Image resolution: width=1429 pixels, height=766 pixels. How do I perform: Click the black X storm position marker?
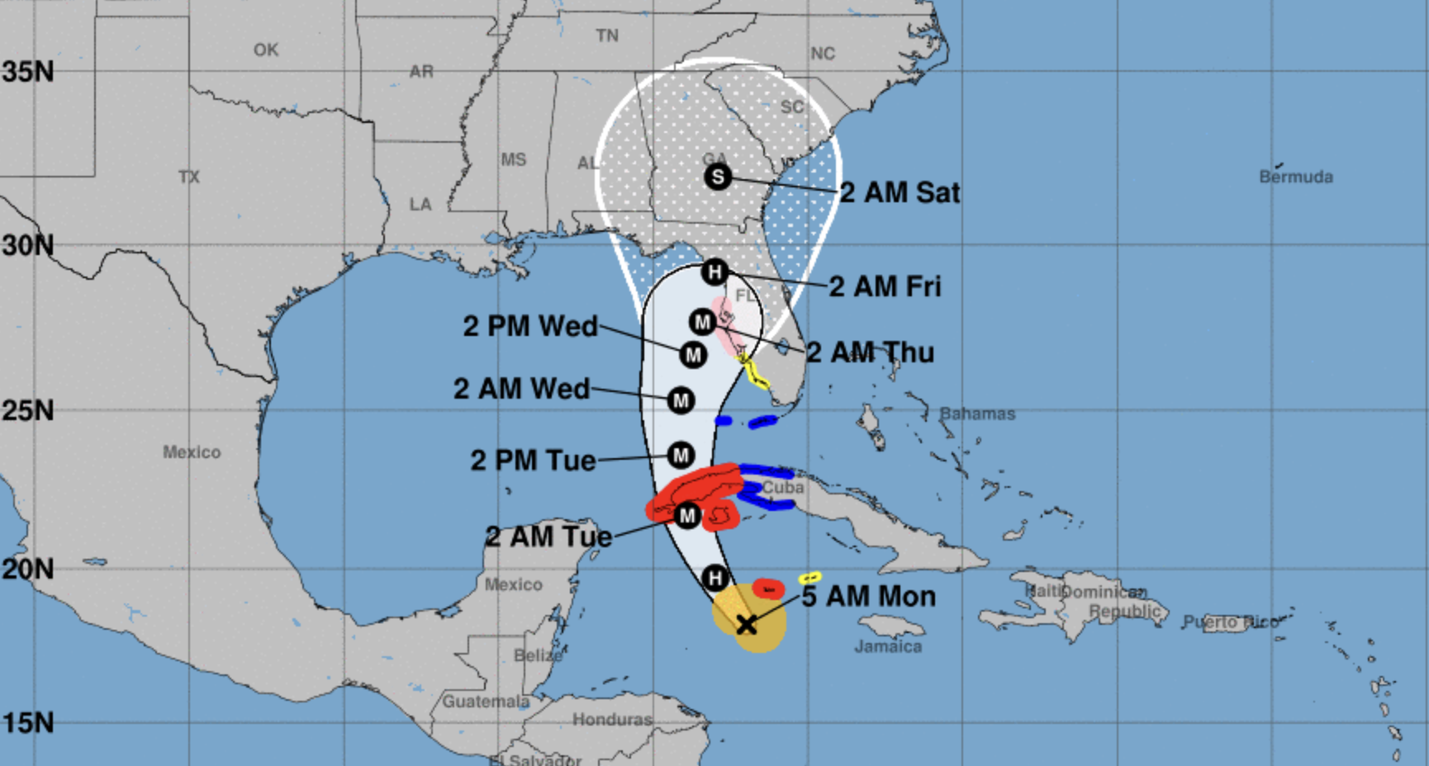click(747, 624)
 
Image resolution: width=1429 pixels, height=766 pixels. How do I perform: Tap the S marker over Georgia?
click(718, 176)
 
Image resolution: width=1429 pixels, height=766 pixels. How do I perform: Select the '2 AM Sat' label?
click(900, 192)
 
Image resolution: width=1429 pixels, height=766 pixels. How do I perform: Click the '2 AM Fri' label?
click(885, 286)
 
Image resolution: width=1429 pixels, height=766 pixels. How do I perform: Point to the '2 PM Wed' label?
click(530, 326)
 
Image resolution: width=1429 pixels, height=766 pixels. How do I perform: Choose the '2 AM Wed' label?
click(522, 388)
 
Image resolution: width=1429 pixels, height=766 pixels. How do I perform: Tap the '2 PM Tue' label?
click(533, 460)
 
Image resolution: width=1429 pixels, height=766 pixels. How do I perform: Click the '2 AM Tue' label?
click(548, 537)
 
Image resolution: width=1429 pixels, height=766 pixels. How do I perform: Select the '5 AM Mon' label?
click(869, 596)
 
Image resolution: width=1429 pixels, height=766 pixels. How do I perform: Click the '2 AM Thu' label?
click(870, 352)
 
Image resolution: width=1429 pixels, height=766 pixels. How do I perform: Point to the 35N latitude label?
click(27, 72)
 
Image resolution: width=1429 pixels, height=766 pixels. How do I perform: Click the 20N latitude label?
click(27, 569)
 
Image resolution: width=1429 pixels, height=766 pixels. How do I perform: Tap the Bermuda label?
click(1296, 177)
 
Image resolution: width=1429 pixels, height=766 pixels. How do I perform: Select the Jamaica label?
click(888, 646)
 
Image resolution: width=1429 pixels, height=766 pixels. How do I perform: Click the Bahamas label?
click(977, 414)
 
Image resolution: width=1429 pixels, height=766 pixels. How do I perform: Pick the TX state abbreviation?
click(189, 177)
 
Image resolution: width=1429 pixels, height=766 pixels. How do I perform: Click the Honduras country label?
click(612, 720)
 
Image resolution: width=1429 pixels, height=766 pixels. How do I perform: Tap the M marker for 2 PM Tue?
click(681, 455)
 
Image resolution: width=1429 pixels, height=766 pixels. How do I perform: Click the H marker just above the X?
click(715, 578)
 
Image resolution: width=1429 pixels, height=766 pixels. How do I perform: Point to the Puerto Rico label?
click(1230, 622)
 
